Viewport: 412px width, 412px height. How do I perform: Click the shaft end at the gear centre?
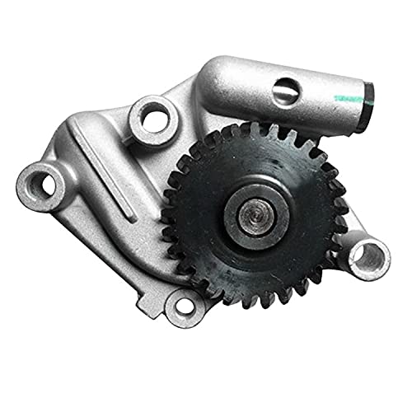click(252, 213)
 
